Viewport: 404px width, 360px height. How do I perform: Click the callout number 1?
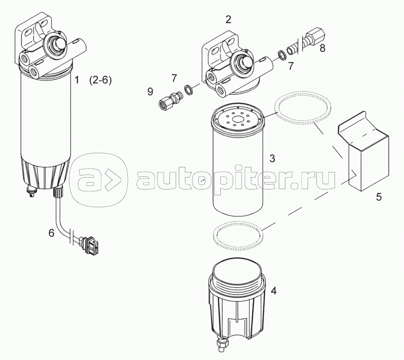coord(76,80)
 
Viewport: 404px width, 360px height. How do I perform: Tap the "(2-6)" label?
coord(100,81)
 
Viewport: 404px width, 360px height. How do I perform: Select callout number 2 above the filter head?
coord(228,19)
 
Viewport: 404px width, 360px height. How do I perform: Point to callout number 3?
coord(272,158)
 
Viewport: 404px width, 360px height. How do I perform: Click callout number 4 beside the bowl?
coord(273,291)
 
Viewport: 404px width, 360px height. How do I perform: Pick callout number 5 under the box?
coord(378,197)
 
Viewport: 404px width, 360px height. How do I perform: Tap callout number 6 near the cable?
coord(51,233)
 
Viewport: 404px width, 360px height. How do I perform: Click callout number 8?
coord(322,48)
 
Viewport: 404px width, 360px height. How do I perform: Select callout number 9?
coord(150,92)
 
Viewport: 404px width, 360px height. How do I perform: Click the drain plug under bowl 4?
coord(222,344)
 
